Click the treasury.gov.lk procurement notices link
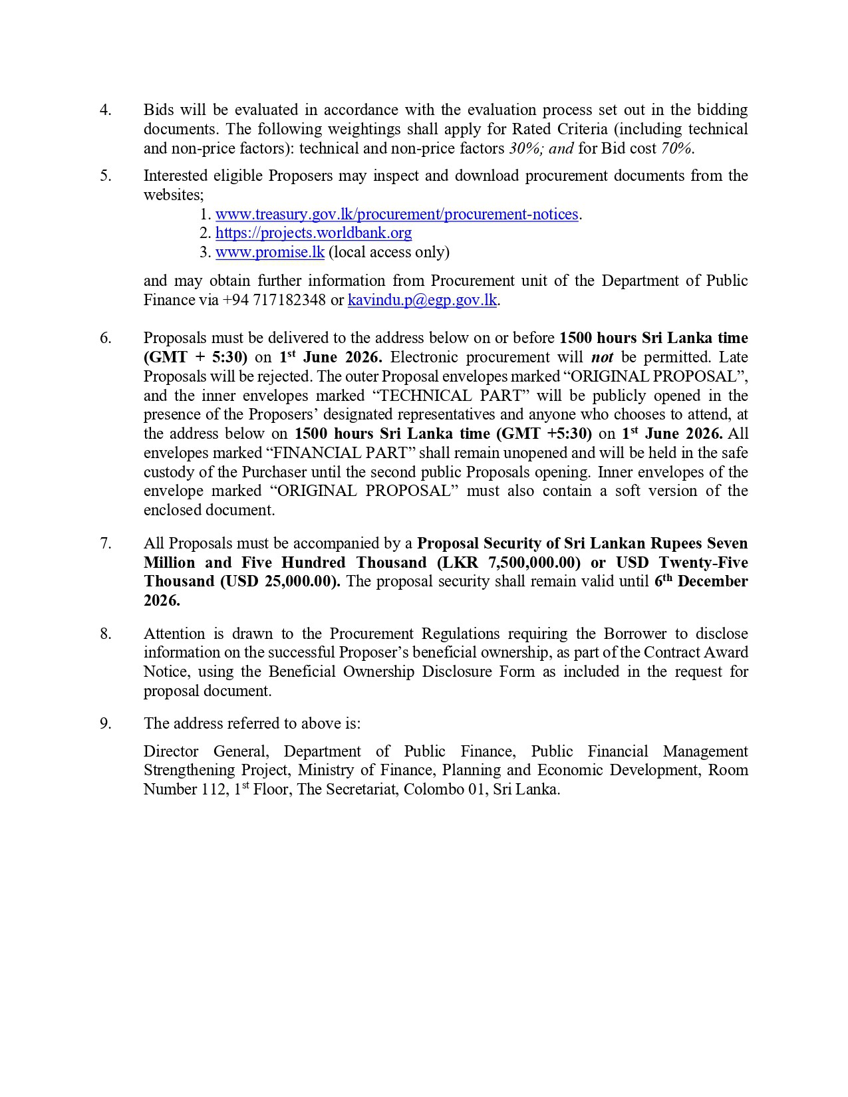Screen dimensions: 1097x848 point(396,214)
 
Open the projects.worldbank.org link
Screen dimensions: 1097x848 point(313,233)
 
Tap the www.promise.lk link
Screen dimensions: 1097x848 point(269,252)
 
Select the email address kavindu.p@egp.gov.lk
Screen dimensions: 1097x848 point(422,300)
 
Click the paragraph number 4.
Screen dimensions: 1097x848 point(105,110)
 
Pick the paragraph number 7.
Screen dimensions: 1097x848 point(105,543)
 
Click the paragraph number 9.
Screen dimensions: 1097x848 point(105,723)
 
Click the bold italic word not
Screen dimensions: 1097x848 point(602,357)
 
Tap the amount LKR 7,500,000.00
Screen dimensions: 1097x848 point(508,562)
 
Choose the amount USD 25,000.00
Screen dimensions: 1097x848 point(280,582)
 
